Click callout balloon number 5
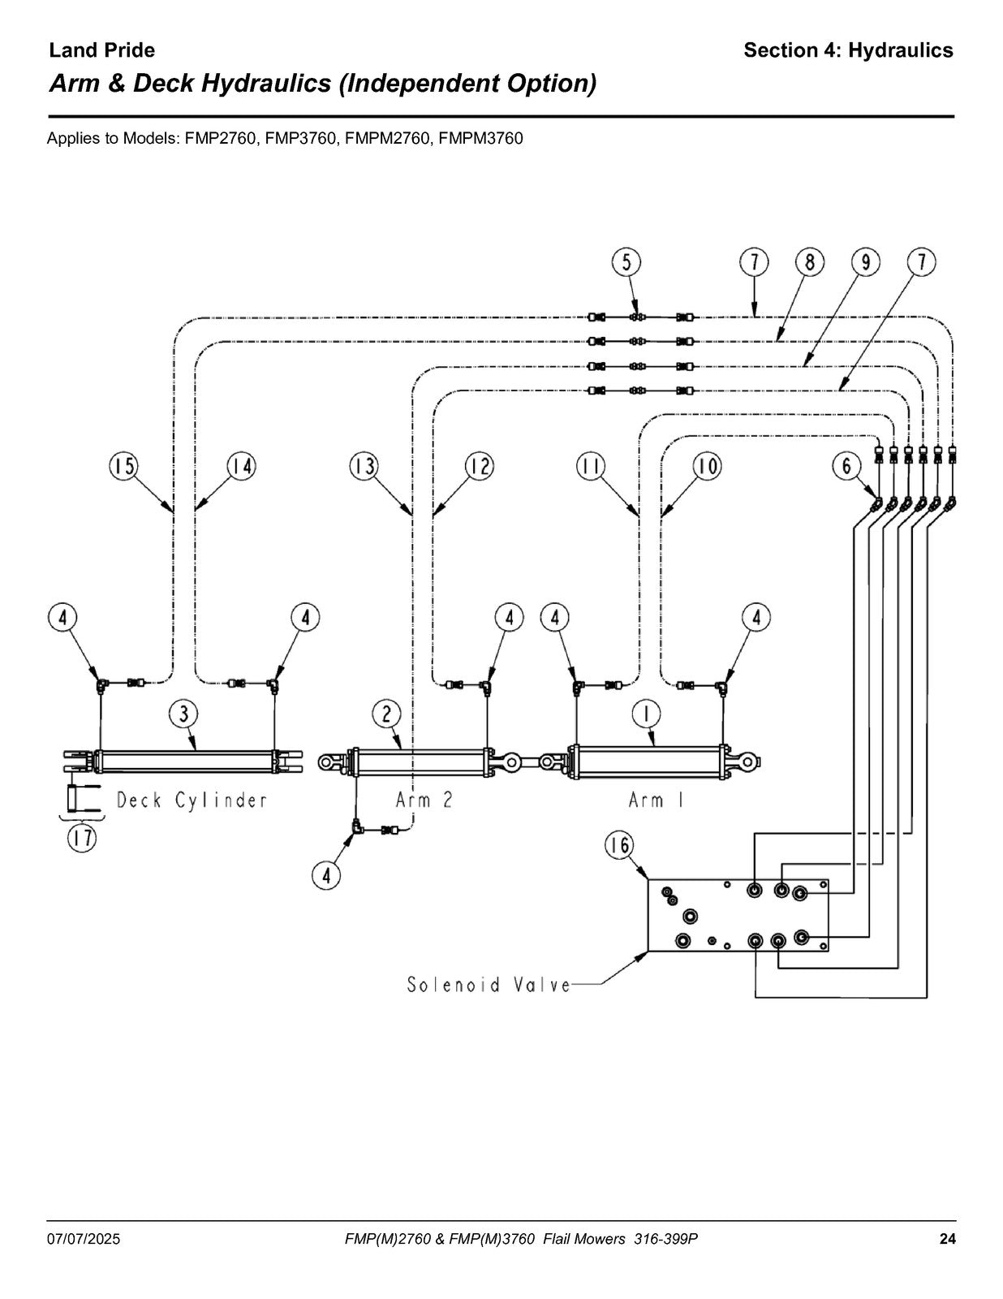[x=626, y=262]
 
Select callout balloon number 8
[x=809, y=262]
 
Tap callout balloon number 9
[x=866, y=262]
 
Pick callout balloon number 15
[x=123, y=466]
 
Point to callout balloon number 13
[x=364, y=466]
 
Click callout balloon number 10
[x=707, y=466]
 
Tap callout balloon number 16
[x=620, y=845]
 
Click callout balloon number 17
[x=82, y=838]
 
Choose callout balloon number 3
[x=184, y=714]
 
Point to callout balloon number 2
[x=387, y=714]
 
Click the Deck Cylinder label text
[x=192, y=801]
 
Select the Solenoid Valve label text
[x=489, y=985]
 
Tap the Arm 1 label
[x=656, y=800]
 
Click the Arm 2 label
[x=424, y=800]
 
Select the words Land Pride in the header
[x=101, y=50]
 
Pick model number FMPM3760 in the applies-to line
[x=480, y=138]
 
